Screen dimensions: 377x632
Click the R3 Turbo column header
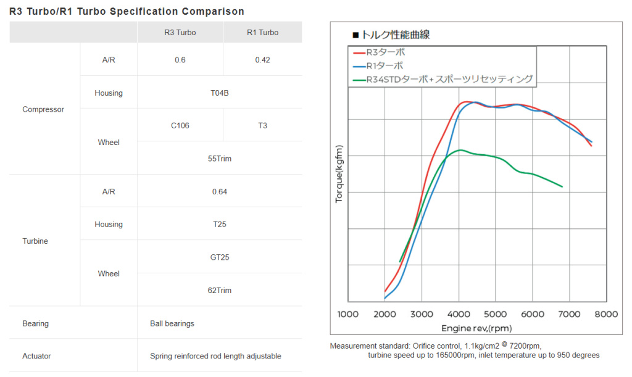click(x=180, y=32)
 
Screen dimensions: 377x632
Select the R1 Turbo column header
click(x=263, y=32)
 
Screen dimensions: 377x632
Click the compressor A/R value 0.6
click(x=180, y=60)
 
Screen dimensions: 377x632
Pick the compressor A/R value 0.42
click(x=263, y=60)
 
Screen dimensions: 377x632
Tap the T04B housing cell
click(x=220, y=93)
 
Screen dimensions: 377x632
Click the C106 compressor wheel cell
click(x=180, y=125)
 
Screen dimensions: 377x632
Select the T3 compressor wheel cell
click(x=263, y=125)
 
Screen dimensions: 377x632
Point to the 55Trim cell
click(x=220, y=158)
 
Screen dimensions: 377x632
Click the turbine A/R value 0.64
click(x=220, y=191)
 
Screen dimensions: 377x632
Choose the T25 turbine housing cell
click(x=220, y=224)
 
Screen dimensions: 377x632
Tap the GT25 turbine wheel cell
click(x=220, y=257)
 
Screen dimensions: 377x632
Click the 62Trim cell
click(x=220, y=290)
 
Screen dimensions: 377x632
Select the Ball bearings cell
click(x=172, y=323)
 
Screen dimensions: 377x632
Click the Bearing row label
click(x=35, y=323)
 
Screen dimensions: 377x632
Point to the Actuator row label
click(x=36, y=356)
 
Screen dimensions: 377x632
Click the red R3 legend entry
click(x=386, y=52)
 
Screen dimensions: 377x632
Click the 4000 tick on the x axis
click(x=459, y=314)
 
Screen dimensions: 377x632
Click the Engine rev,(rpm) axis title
click(x=476, y=328)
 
